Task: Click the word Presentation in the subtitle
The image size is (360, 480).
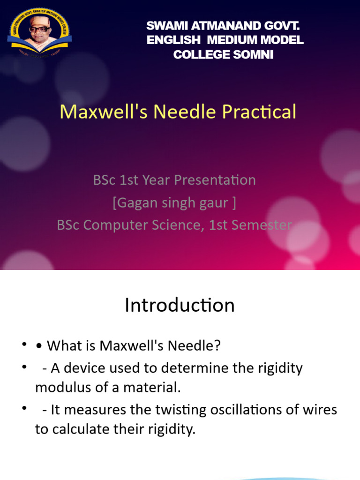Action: pyautogui.click(x=216, y=180)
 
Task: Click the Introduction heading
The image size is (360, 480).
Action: pyautogui.click(x=180, y=305)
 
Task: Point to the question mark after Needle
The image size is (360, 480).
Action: pyautogui.click(x=217, y=346)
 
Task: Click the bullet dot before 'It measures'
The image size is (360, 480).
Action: pyautogui.click(x=23, y=409)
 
